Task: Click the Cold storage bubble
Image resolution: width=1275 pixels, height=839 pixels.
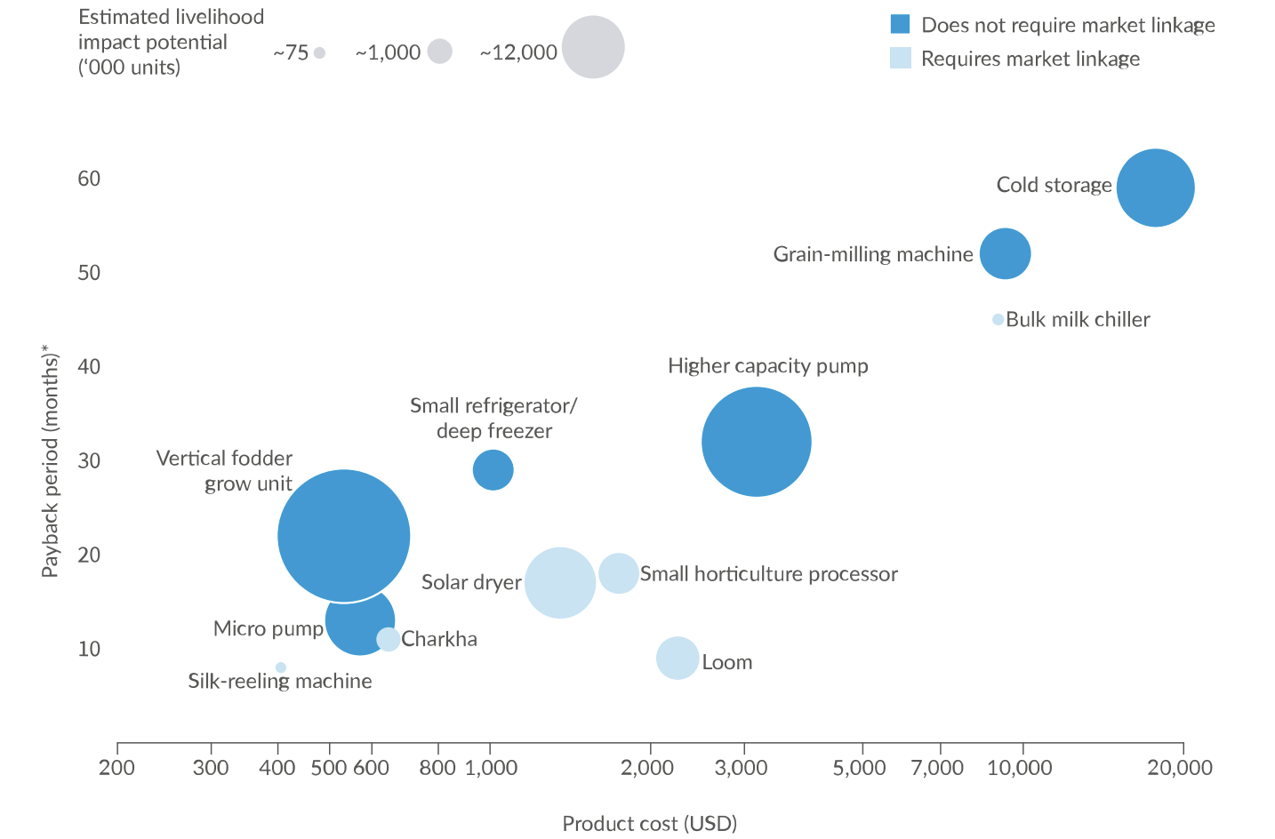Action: pos(1155,188)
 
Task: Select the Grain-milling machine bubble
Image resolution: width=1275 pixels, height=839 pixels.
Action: pos(1005,254)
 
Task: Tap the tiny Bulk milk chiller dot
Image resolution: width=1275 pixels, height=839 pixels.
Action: pos(998,319)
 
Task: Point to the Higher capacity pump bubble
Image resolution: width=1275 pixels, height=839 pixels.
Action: pos(757,442)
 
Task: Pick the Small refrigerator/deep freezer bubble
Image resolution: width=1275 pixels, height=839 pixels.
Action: pos(493,470)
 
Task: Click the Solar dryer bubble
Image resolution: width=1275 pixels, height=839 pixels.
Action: pos(560,583)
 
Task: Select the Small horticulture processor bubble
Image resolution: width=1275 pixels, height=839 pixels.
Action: pos(619,573)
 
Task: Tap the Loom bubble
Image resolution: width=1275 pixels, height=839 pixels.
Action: pos(678,659)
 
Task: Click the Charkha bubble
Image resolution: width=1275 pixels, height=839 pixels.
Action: pos(389,639)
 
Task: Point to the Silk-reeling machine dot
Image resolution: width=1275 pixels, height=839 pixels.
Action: pos(281,667)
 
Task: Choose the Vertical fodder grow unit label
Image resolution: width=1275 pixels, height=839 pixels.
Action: pos(225,471)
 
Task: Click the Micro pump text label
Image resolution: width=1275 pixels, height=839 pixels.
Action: pos(269,629)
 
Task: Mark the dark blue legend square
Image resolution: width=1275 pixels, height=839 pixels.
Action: pos(900,24)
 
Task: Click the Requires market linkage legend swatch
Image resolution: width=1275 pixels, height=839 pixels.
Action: pos(900,59)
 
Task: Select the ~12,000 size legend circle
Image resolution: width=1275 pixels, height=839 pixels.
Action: pos(593,47)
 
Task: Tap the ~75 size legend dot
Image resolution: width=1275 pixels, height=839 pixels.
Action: pos(320,53)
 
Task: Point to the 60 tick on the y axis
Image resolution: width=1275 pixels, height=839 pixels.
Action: pos(89,179)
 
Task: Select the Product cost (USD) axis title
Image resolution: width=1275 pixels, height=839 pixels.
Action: pos(649,824)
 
